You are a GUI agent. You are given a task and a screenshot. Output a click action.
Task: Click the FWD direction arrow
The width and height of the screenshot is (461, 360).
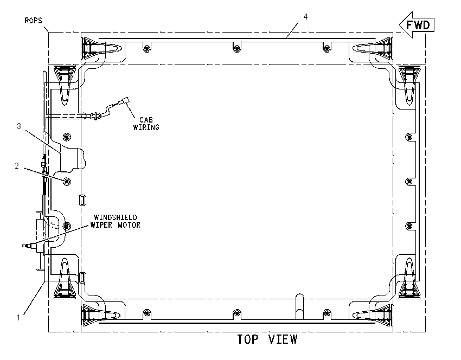417,25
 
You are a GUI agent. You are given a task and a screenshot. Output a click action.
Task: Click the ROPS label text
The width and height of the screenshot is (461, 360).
33,21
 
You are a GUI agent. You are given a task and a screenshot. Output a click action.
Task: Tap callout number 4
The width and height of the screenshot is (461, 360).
305,17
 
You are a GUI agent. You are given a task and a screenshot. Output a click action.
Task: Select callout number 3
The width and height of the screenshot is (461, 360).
19,126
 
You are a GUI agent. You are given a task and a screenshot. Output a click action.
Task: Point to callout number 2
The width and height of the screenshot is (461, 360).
17,166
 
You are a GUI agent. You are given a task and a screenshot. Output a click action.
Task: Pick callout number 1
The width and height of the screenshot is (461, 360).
18,317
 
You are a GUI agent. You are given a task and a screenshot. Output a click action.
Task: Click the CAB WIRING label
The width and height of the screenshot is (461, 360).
146,124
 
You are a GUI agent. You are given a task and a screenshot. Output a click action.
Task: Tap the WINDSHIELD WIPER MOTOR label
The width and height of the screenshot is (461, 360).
115,221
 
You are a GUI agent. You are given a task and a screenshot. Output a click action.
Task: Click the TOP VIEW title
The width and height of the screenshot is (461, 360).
267,339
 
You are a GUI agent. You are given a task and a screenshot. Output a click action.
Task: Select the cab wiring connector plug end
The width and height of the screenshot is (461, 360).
126,100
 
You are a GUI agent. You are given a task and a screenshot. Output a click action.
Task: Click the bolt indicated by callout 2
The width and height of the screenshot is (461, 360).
67,181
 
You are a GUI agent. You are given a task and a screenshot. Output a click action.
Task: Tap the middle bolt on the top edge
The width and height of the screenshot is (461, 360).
236,48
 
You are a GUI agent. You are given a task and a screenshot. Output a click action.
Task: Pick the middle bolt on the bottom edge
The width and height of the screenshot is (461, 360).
236,313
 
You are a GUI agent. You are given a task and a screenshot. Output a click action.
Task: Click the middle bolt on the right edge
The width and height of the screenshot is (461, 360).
409,181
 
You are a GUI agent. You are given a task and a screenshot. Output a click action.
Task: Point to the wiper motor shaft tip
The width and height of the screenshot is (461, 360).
24,246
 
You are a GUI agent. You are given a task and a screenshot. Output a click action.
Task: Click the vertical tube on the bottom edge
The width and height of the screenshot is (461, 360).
299,306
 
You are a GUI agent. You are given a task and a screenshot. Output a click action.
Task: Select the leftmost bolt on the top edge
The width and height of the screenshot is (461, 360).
147,48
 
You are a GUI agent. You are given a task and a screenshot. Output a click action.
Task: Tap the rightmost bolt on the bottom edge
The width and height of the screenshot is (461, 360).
326,313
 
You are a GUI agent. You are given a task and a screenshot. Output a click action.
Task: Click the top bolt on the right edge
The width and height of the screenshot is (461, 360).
409,137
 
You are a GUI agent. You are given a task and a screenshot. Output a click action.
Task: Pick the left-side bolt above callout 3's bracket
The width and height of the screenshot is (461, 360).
67,137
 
